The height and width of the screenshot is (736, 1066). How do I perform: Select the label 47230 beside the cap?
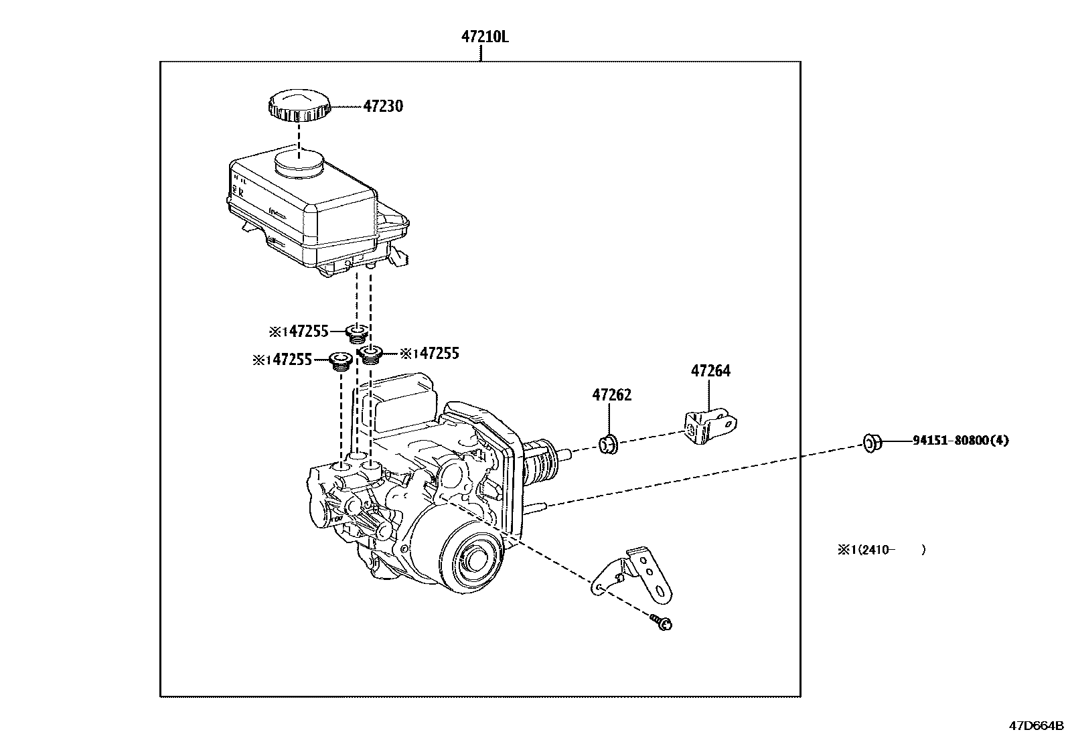point(383,106)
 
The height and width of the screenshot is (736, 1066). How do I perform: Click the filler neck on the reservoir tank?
point(299,163)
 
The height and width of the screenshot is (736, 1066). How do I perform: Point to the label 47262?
point(611,395)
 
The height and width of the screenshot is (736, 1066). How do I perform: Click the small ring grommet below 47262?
point(608,443)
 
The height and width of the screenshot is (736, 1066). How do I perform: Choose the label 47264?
point(710,371)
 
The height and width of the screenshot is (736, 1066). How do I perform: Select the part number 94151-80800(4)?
point(960,441)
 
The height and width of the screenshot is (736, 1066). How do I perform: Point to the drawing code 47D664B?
point(1037,725)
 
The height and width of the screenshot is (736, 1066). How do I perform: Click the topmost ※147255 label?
point(299,331)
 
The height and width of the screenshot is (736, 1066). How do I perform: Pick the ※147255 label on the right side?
point(429,354)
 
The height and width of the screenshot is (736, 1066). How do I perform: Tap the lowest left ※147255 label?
point(283,360)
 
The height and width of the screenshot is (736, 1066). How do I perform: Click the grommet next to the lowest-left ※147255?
point(341,361)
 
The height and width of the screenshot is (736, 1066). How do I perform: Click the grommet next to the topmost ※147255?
point(357,332)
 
